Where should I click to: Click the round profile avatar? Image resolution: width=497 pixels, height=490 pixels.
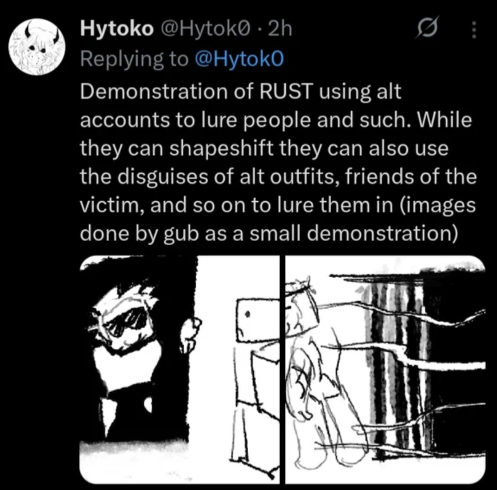(x=37, y=47)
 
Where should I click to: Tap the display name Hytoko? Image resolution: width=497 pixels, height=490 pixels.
(x=116, y=29)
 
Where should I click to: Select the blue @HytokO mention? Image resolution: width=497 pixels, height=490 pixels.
(x=239, y=59)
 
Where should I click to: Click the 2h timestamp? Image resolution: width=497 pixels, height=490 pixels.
(x=280, y=28)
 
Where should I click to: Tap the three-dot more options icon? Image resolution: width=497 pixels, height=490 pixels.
(x=474, y=30)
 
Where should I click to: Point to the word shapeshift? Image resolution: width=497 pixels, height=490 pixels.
(x=221, y=148)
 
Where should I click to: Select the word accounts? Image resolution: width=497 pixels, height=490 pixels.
(x=124, y=120)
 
